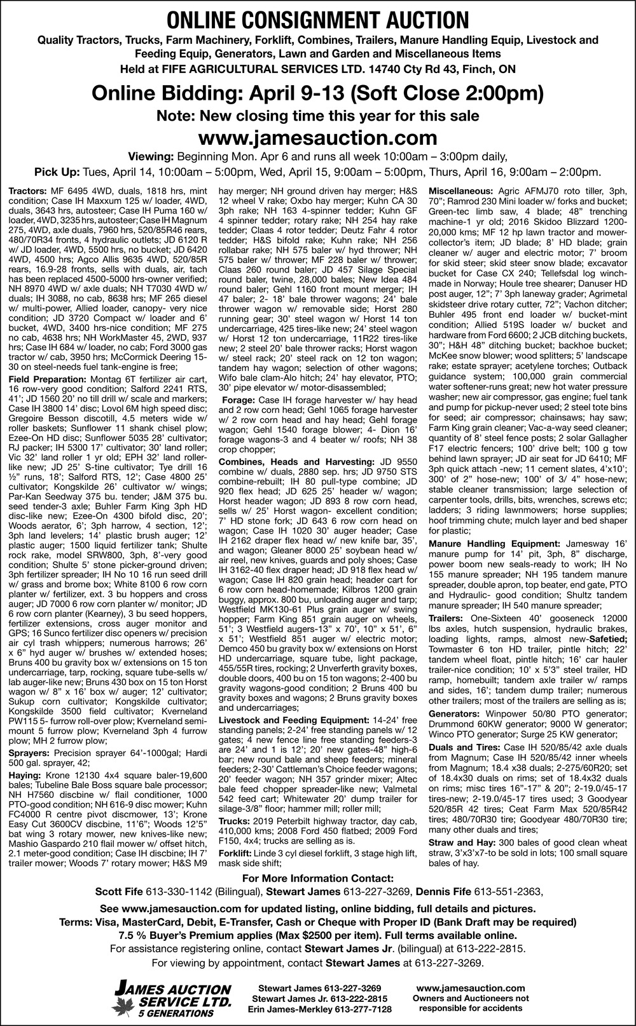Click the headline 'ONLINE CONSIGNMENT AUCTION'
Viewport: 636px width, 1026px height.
click(317, 18)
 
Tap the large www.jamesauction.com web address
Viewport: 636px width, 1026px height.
click(317, 137)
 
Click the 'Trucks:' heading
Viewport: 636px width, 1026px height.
click(234, 821)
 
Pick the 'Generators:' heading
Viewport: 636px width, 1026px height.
click(454, 714)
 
